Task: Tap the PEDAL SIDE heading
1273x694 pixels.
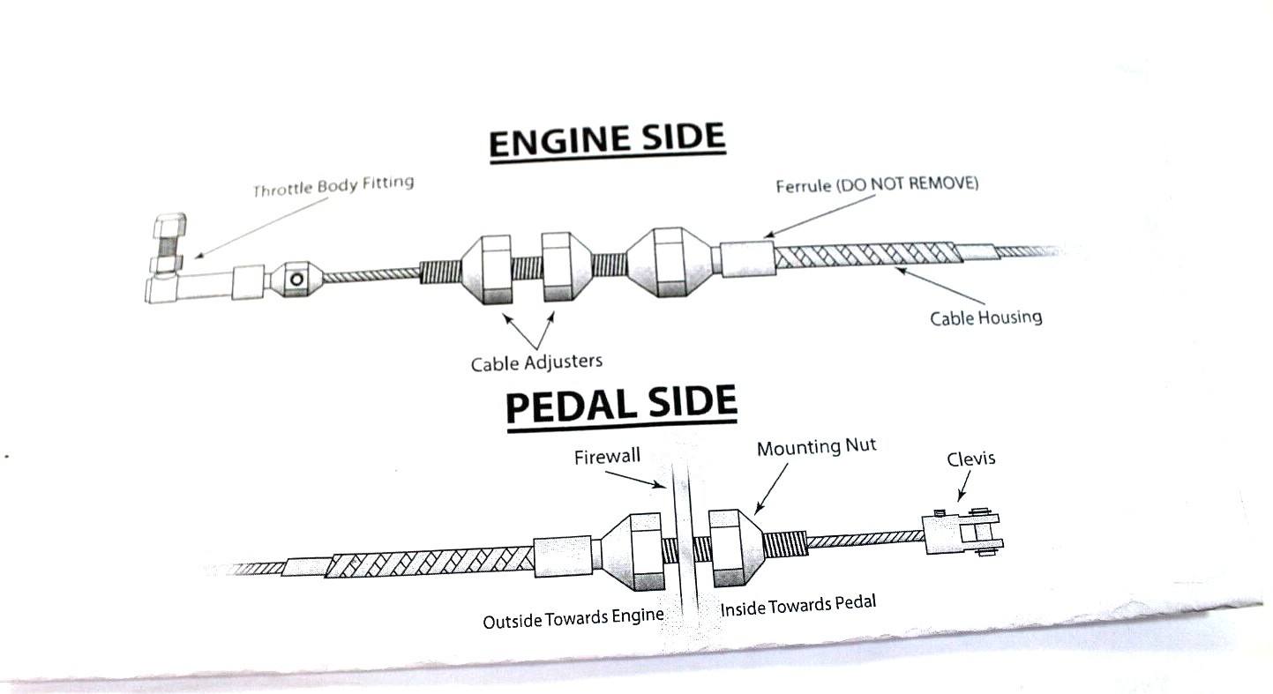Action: tap(620, 405)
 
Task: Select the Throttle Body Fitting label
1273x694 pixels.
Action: tap(333, 187)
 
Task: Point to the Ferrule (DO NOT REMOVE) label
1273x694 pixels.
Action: tap(877, 186)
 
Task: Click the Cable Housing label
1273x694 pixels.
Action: tap(985, 317)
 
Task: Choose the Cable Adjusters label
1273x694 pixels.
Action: tap(535, 362)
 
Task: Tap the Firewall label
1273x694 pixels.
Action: tap(607, 457)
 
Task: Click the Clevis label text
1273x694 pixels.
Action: tap(970, 459)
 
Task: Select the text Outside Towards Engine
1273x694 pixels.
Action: tap(573, 619)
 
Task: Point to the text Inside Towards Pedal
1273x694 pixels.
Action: tap(798, 608)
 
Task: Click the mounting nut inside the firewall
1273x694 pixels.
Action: tap(730, 548)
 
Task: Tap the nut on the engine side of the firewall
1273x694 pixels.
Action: tap(631, 551)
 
